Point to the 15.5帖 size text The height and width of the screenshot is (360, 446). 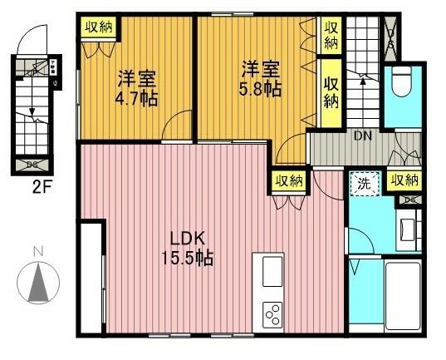point(188,258)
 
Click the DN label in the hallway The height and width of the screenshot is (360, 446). point(363,137)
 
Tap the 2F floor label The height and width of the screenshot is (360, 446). point(34,186)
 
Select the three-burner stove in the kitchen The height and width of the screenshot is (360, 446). point(273,314)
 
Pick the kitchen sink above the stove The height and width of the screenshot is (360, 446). point(273,272)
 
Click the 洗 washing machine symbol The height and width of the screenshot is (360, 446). point(363,181)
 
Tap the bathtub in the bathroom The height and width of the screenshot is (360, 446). point(404,295)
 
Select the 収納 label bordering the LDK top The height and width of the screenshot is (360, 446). point(288,180)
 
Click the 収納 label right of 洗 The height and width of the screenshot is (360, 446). point(404,180)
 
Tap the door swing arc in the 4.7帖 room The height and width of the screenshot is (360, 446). point(174,129)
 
